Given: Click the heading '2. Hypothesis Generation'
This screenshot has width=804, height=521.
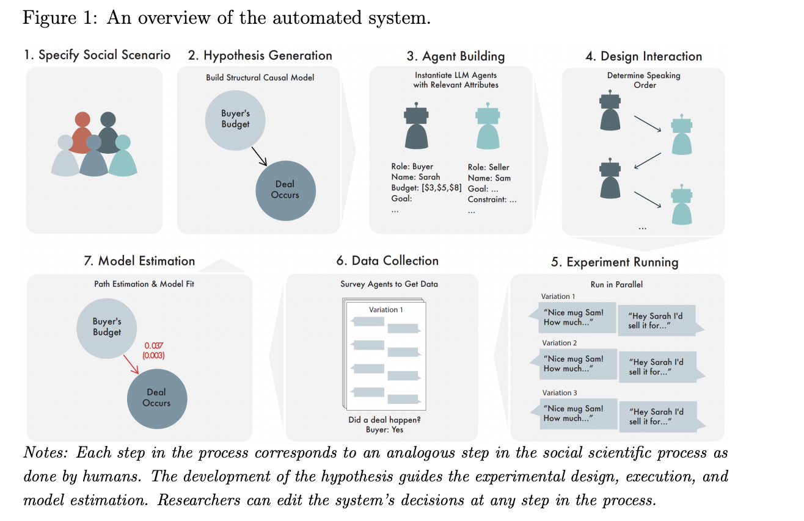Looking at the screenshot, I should click(260, 56).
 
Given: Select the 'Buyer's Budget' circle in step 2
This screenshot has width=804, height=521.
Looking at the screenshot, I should click(235, 119).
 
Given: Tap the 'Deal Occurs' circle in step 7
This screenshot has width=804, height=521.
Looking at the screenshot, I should click(156, 398).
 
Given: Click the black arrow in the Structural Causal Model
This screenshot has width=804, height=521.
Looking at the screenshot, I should click(260, 157).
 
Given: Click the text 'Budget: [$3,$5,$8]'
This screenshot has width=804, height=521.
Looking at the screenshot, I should click(426, 188).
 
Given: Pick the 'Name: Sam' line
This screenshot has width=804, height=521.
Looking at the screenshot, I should click(489, 178).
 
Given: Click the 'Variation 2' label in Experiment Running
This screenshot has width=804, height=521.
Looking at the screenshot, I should click(558, 343).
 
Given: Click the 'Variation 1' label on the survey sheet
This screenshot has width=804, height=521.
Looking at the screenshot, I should click(386, 310).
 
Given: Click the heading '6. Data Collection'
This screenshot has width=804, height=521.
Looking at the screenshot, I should click(387, 261).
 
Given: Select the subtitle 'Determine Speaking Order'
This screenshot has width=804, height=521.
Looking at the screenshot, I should click(643, 81).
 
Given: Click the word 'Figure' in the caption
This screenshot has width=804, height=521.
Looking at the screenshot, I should click(46, 18).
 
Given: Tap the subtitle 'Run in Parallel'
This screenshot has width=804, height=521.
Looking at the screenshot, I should click(617, 284).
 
